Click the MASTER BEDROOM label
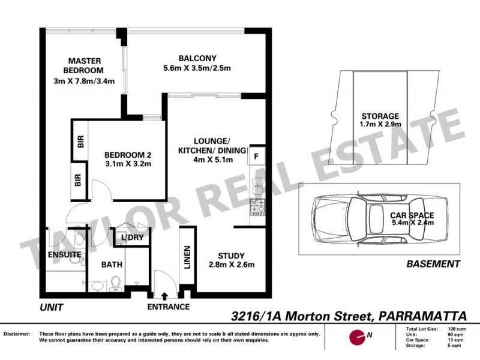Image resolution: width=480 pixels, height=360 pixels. pyautogui.click(x=84, y=65)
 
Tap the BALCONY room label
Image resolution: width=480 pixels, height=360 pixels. pyautogui.click(x=197, y=58)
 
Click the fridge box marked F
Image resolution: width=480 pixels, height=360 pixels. pyautogui.click(x=256, y=157)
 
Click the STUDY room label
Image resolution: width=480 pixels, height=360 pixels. pyautogui.click(x=230, y=255)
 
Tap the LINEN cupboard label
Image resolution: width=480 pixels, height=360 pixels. pyautogui.click(x=187, y=256)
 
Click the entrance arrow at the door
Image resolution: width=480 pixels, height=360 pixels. pyautogui.click(x=164, y=295)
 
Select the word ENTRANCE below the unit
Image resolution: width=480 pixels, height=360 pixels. pyautogui.click(x=169, y=307)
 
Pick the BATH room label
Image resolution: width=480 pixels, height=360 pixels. pyautogui.click(x=112, y=264)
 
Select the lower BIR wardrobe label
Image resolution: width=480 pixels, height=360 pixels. pyautogui.click(x=78, y=180)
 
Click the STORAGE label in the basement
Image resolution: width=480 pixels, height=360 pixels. pyautogui.click(x=380, y=116)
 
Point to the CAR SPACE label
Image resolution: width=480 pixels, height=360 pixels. pyautogui.click(x=412, y=215)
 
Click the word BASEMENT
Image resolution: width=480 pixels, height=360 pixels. pyautogui.click(x=433, y=263)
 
